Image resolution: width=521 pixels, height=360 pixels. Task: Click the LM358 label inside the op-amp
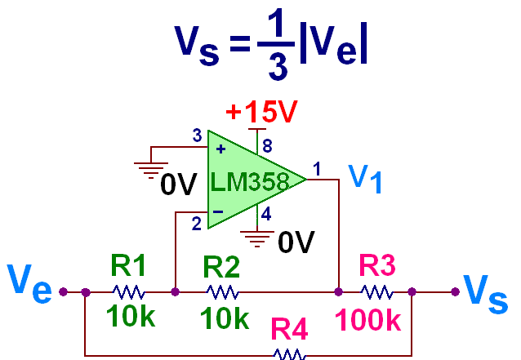(x=249, y=181)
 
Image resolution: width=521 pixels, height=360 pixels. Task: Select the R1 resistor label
(x=128, y=266)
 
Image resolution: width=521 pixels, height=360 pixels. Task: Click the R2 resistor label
(x=221, y=266)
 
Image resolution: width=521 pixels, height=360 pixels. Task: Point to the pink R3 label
(x=377, y=266)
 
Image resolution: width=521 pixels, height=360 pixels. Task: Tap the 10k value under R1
(x=130, y=316)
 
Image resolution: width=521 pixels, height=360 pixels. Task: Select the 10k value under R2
(x=224, y=318)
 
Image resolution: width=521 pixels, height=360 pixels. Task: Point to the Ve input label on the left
(x=30, y=282)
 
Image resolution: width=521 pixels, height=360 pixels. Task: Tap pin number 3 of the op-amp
(x=196, y=136)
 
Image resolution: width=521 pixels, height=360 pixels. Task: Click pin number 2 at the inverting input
(x=196, y=222)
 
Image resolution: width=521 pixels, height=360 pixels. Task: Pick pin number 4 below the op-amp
(x=266, y=216)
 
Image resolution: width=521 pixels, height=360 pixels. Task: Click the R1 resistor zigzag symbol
(x=128, y=291)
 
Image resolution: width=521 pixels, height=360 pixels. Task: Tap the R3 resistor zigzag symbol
(x=376, y=291)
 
